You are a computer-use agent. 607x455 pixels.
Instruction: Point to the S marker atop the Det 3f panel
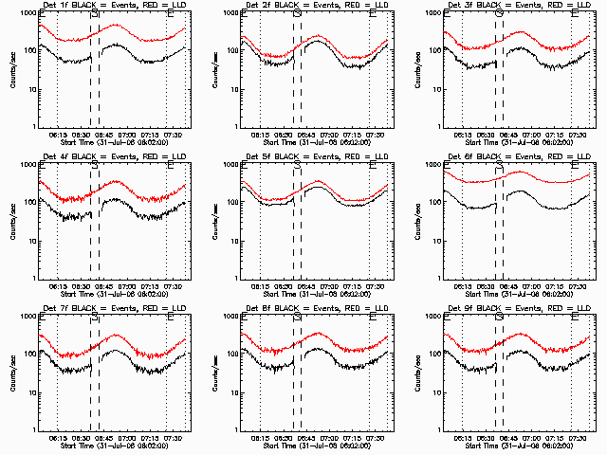point(500,14)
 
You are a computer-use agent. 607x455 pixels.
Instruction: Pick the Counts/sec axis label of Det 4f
point(12,223)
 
